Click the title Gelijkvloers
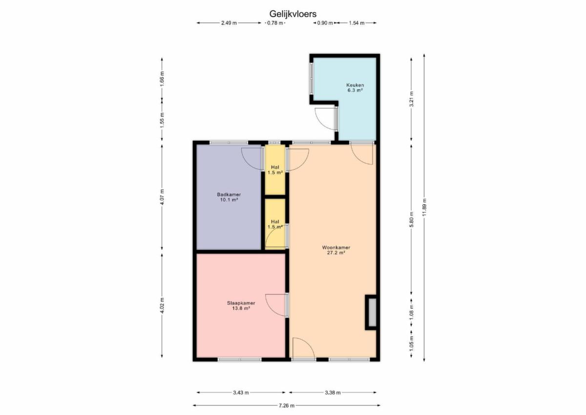click(293, 14)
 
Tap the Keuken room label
click(355, 85)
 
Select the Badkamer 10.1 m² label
click(229, 197)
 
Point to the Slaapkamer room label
click(241, 303)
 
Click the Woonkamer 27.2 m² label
click(336, 250)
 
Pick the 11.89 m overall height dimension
click(424, 207)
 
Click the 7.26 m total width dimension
click(287, 406)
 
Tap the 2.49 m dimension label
click(229, 23)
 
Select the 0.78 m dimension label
click(275, 23)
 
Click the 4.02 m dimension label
click(162, 305)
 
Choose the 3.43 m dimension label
click(241, 393)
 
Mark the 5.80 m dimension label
click(412, 219)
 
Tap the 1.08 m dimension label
click(412, 312)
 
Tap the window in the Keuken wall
click(312, 78)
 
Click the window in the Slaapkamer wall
click(240, 359)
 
